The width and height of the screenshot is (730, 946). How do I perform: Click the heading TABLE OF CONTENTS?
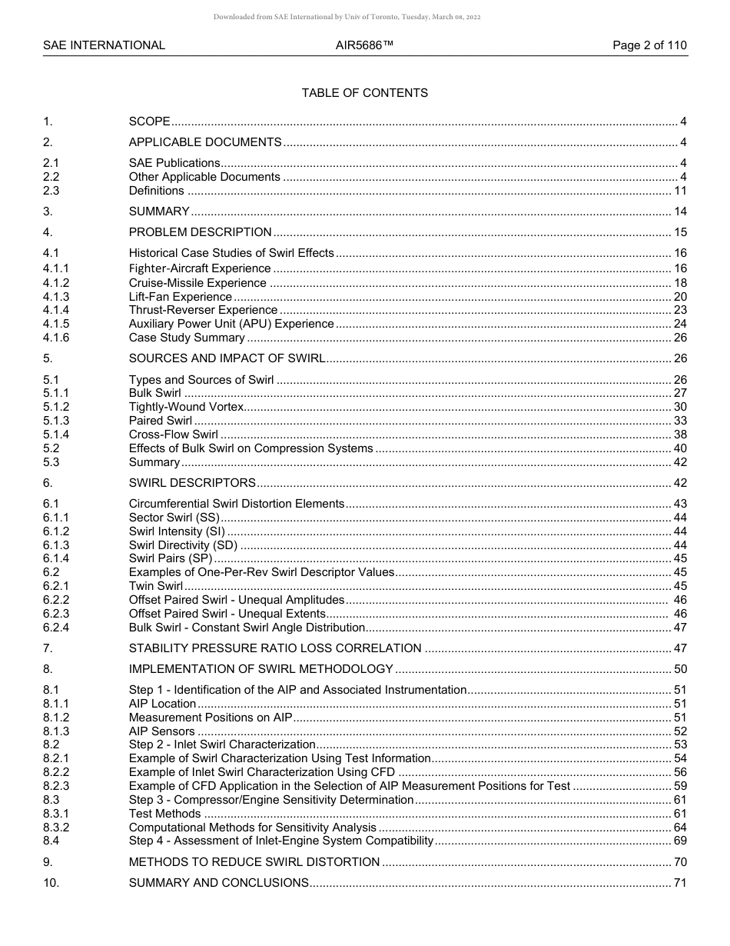pos(364,93)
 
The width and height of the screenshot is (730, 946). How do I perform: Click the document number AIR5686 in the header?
pos(364,45)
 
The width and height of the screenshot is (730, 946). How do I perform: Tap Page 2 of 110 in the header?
pos(649,45)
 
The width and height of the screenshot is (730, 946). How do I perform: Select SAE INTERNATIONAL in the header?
pos(104,45)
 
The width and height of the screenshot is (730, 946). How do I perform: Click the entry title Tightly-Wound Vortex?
pos(186,407)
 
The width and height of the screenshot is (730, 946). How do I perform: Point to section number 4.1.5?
pos(56,324)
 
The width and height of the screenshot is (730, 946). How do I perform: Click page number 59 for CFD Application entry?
pos(680,786)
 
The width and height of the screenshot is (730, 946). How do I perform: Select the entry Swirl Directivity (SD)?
pos(183,545)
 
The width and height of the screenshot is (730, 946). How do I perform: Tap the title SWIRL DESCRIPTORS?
pos(192,483)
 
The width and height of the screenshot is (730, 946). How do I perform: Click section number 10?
pos(51,883)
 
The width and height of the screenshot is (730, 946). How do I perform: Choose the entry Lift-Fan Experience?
pos(180,297)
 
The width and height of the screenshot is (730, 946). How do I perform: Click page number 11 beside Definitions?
pos(680,191)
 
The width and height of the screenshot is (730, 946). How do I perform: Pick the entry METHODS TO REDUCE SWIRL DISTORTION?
pos(254,862)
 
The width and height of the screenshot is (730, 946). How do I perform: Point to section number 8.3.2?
pos(56,828)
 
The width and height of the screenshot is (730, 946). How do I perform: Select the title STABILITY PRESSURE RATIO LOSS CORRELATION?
pos(274,648)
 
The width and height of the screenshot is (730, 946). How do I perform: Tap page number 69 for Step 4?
pos(680,841)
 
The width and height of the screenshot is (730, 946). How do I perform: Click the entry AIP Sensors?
pos(161,731)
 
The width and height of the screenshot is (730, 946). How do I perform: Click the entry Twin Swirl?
pos(155,586)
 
